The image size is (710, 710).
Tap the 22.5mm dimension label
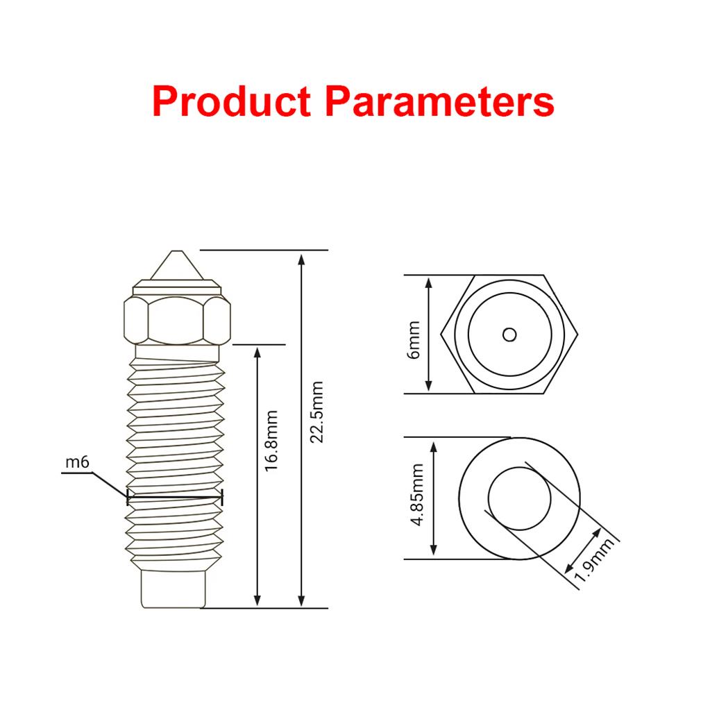(316, 412)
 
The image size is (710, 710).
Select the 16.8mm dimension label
(271, 441)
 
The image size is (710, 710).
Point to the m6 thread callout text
(78, 462)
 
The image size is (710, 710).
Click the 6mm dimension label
(414, 340)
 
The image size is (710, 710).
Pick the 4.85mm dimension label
(417, 495)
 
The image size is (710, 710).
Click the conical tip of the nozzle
(177, 265)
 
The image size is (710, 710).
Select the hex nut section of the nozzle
(177, 320)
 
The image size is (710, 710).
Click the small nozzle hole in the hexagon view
(509, 335)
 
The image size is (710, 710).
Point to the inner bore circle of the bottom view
(520, 498)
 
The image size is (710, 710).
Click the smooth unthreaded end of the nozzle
(174, 589)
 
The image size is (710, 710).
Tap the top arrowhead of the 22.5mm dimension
(302, 260)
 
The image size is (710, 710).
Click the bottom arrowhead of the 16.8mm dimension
(257, 600)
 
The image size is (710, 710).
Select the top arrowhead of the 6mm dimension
(428, 283)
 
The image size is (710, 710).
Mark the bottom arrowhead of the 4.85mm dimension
(433, 549)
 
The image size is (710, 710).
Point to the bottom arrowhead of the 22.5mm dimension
(302, 600)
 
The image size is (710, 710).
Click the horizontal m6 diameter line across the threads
(175, 497)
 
